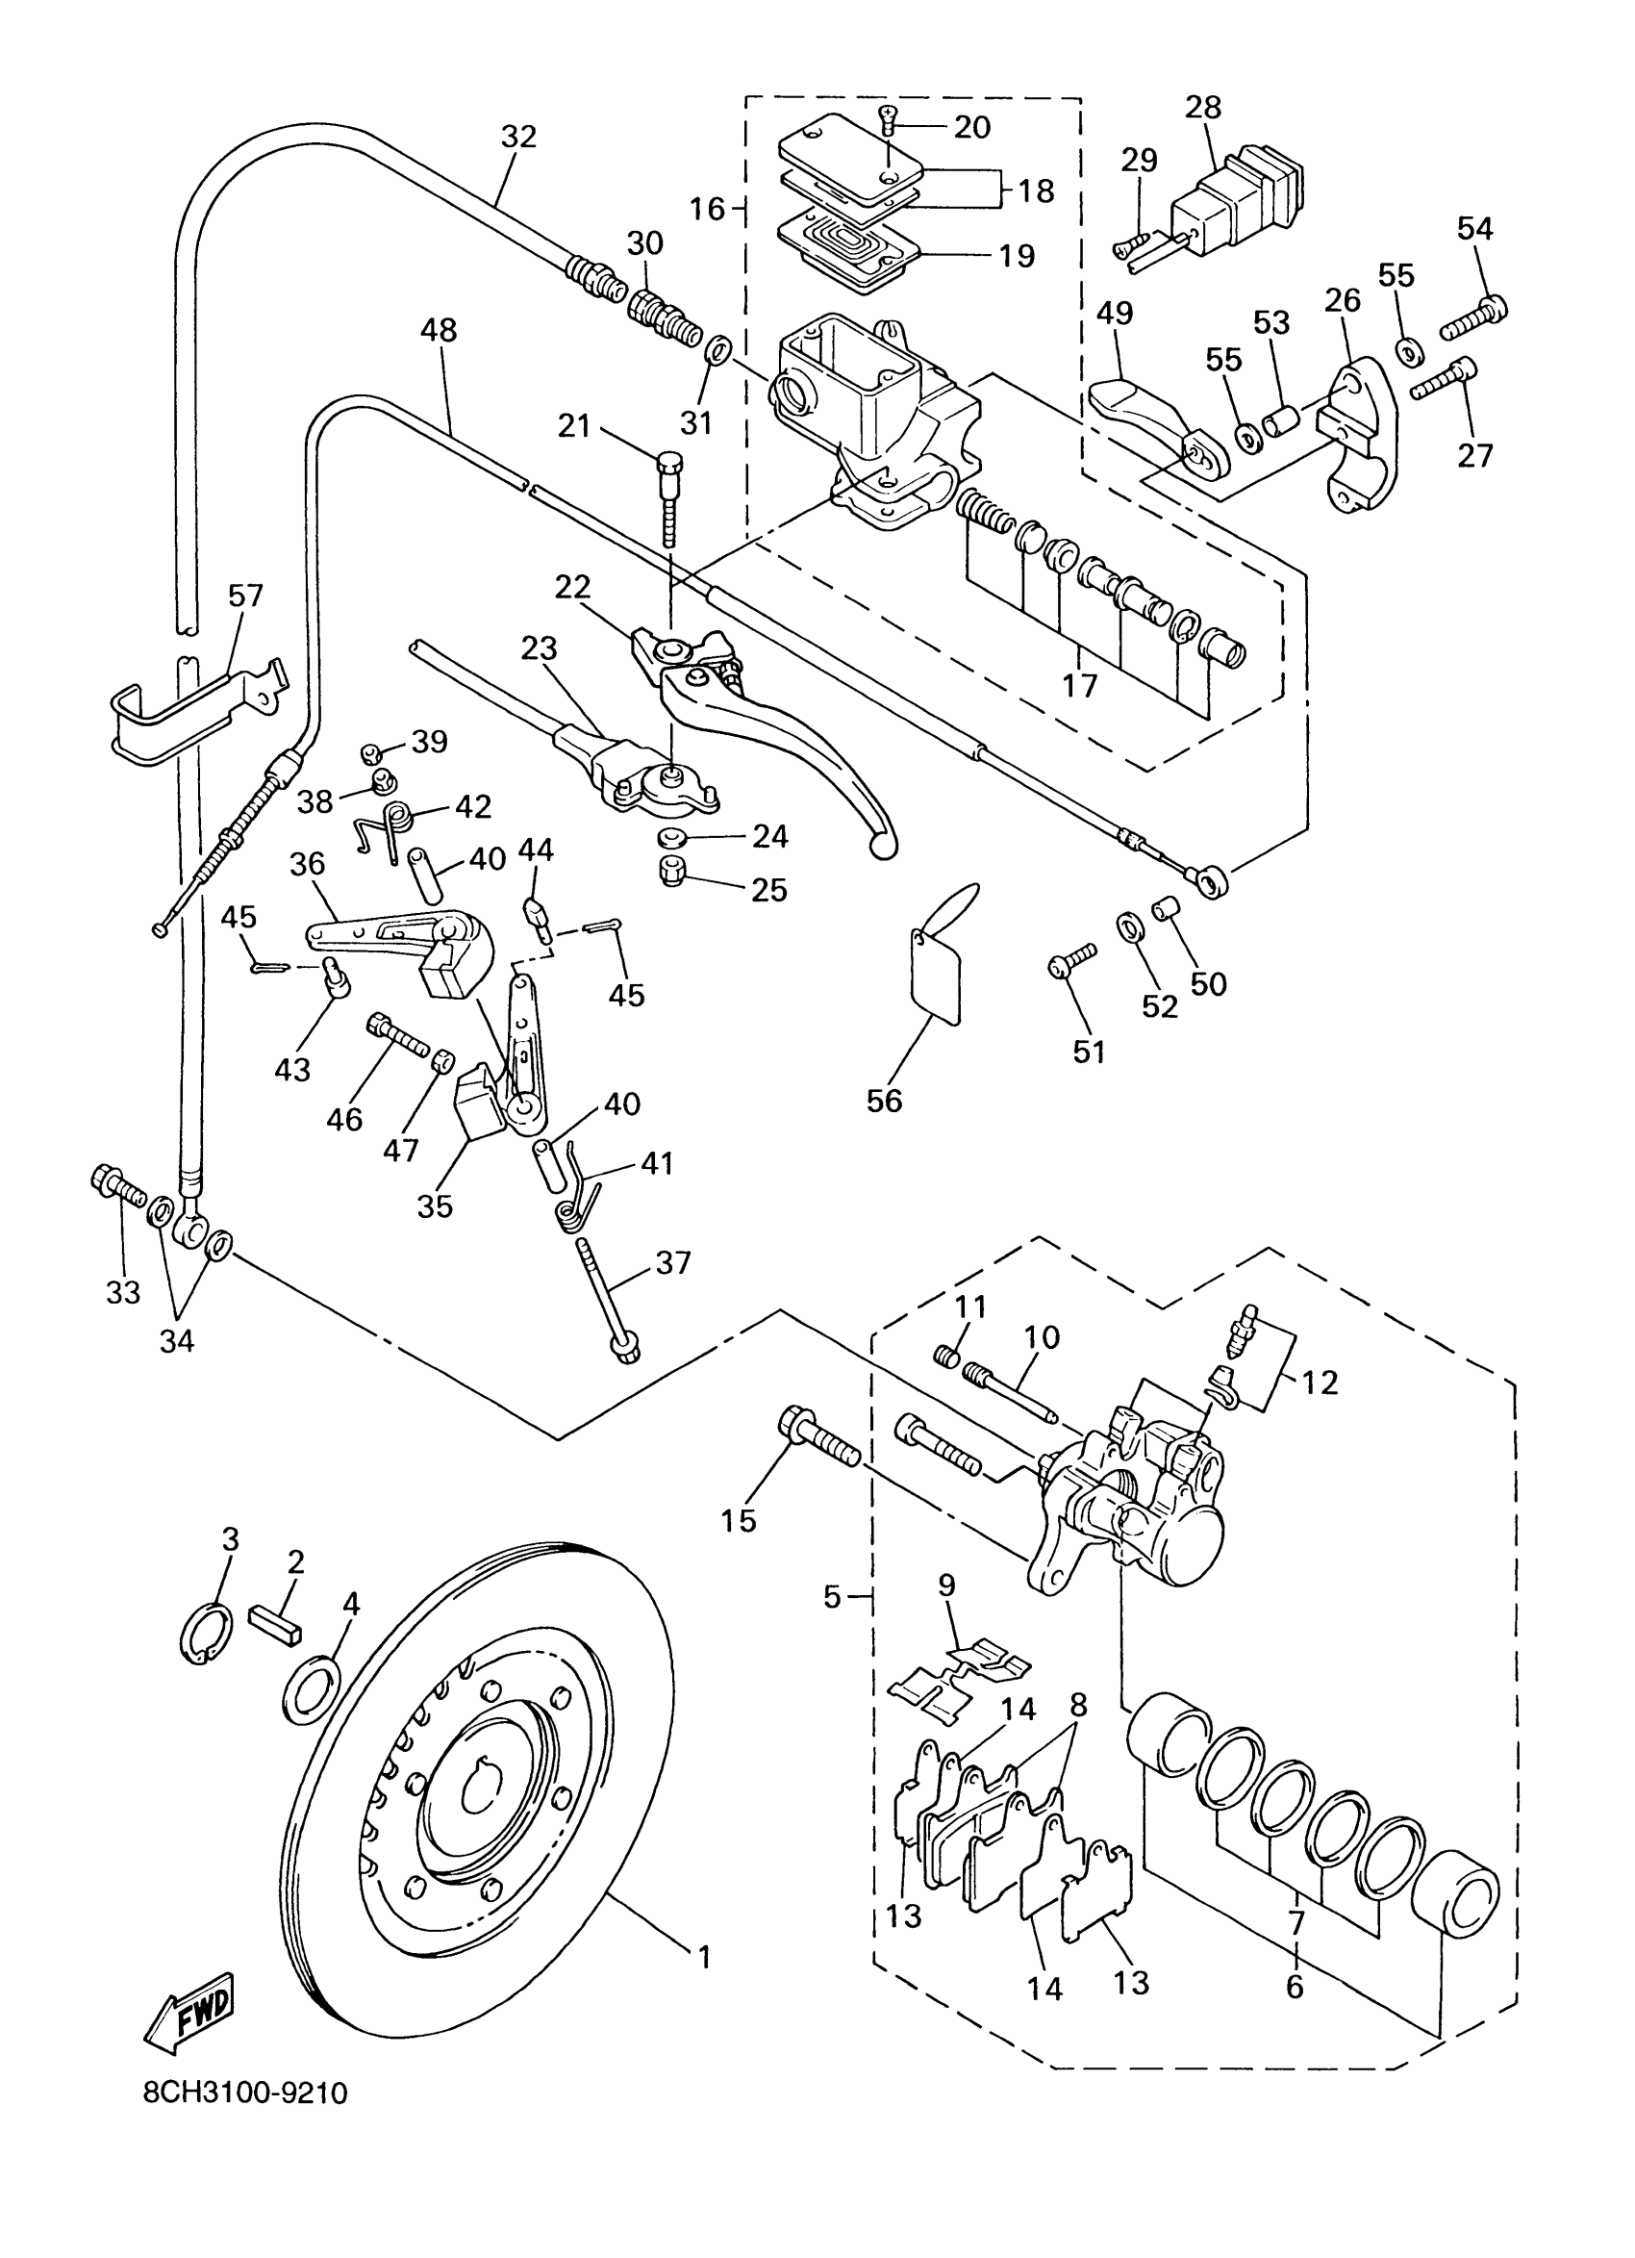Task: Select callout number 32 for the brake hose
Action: [x=518, y=137]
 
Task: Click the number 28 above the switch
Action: [x=1204, y=108]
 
